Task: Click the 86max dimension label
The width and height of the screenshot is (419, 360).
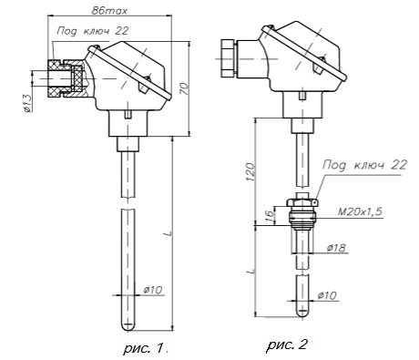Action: pyautogui.click(x=109, y=11)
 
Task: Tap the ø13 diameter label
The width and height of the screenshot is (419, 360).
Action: pyautogui.click(x=27, y=103)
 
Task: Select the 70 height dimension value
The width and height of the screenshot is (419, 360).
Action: pyautogui.click(x=184, y=89)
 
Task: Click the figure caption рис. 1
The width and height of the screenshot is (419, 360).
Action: pyautogui.click(x=146, y=347)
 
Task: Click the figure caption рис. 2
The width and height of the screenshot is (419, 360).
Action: pyautogui.click(x=287, y=345)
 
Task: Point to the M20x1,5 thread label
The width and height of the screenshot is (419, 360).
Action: pyautogui.click(x=360, y=211)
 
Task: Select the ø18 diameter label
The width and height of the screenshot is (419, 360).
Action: pyautogui.click(x=336, y=248)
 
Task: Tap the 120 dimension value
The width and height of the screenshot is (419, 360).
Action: pyautogui.click(x=250, y=172)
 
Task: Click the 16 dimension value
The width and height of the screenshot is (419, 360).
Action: pyautogui.click(x=270, y=216)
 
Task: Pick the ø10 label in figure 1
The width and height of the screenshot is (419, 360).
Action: pyautogui.click(x=153, y=290)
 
